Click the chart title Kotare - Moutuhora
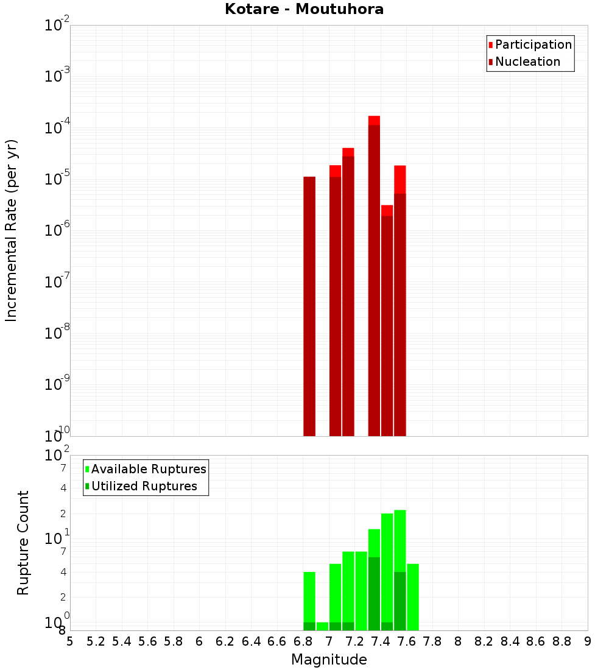pyautogui.click(x=304, y=9)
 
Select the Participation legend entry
pyautogui.click(x=533, y=44)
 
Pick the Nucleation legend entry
pyautogui.click(x=527, y=62)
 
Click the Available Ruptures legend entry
pyautogui.click(x=149, y=469)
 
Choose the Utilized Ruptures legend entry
pyautogui.click(x=144, y=486)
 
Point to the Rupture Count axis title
pyautogui.click(x=23, y=543)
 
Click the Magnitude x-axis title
pyautogui.click(x=329, y=660)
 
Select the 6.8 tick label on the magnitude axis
pyautogui.click(x=303, y=641)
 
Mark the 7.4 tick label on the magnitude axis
pyautogui.click(x=381, y=641)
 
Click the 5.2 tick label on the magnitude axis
pyautogui.click(x=96, y=641)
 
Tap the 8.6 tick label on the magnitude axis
pyautogui.click(x=536, y=641)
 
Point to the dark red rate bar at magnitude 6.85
pyautogui.click(x=309, y=305)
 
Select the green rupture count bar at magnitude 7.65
pyautogui.click(x=413, y=597)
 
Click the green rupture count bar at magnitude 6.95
pyautogui.click(x=322, y=626)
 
